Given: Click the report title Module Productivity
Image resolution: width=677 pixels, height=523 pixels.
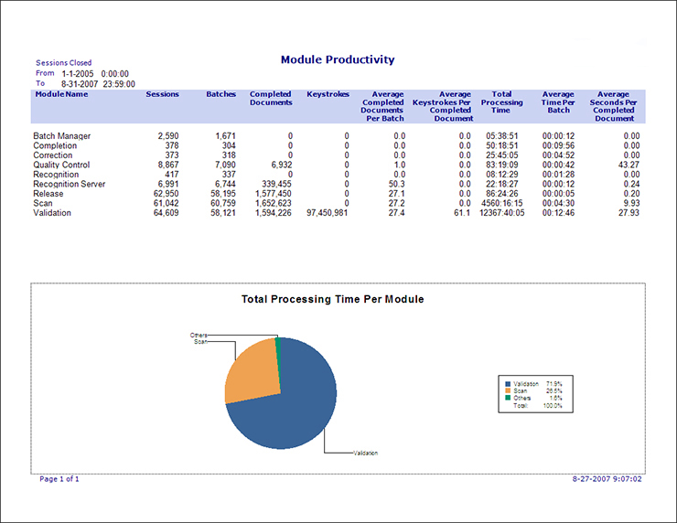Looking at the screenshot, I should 338,59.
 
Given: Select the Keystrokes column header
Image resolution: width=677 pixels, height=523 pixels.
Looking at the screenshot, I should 328,94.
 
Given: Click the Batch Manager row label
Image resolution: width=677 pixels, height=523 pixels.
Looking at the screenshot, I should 61,136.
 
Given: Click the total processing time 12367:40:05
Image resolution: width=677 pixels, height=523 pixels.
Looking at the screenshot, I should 500,213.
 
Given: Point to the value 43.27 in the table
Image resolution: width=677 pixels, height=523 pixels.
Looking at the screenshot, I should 625,165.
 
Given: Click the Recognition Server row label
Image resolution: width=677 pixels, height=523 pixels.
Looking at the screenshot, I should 70,185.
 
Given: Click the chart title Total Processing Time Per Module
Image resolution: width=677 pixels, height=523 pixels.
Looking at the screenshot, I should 332,299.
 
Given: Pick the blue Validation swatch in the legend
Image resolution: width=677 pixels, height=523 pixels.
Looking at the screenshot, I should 505,383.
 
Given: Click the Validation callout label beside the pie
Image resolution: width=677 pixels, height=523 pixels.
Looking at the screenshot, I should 365,454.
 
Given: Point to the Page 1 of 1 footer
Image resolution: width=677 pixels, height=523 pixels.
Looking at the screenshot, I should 59,478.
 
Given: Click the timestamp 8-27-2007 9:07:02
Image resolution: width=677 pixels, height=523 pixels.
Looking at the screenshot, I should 607,478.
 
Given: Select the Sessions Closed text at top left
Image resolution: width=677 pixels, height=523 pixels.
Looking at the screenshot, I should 63,63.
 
